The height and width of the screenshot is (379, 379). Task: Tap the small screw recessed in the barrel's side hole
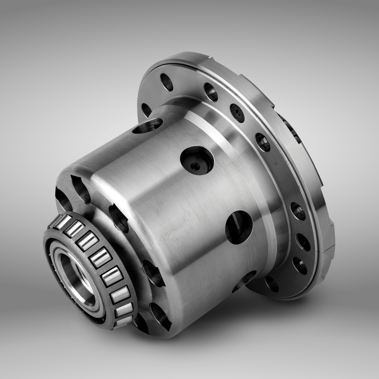[195, 166]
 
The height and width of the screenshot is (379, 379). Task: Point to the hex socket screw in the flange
[237, 113]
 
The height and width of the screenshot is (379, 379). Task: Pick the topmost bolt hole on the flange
[167, 82]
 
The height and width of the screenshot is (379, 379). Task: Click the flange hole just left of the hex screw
[211, 92]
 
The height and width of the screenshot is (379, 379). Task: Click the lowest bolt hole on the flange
[272, 284]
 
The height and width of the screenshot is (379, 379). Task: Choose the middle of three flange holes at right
[303, 242]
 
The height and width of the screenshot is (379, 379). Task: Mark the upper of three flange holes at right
[298, 211]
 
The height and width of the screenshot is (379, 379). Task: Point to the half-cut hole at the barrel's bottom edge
[244, 281]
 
